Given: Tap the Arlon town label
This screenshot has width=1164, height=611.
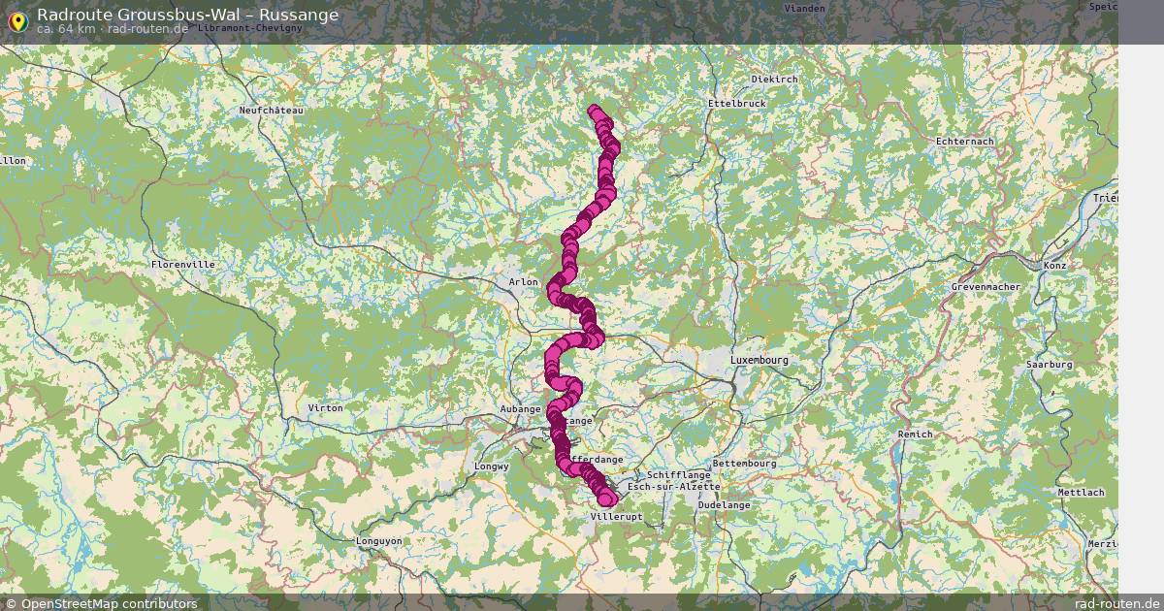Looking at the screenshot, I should tap(523, 282).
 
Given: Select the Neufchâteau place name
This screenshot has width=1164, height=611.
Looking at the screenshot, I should tap(272, 111).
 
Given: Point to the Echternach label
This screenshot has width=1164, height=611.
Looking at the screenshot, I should tap(964, 142).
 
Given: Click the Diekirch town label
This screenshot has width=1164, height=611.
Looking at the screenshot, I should tap(774, 80).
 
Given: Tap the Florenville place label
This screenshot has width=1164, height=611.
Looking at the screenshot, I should tap(182, 264).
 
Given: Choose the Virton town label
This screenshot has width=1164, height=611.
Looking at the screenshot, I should tap(325, 408).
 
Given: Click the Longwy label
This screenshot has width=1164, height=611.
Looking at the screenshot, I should tap(492, 466).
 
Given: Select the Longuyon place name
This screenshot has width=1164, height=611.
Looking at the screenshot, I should tap(378, 541).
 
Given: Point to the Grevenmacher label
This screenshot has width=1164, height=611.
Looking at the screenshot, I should tap(985, 288).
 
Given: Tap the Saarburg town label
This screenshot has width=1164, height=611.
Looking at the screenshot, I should tap(1050, 365).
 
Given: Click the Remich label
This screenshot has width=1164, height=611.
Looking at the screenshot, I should tap(915, 434).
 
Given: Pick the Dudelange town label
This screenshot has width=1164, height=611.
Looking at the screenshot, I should tap(725, 505).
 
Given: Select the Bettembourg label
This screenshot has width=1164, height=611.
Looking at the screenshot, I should tap(744, 464).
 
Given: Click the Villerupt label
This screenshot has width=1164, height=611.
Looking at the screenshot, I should tap(616, 518).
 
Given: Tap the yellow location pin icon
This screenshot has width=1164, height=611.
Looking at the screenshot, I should tap(16, 18).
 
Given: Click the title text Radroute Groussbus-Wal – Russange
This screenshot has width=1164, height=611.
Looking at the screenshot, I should tap(187, 15).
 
